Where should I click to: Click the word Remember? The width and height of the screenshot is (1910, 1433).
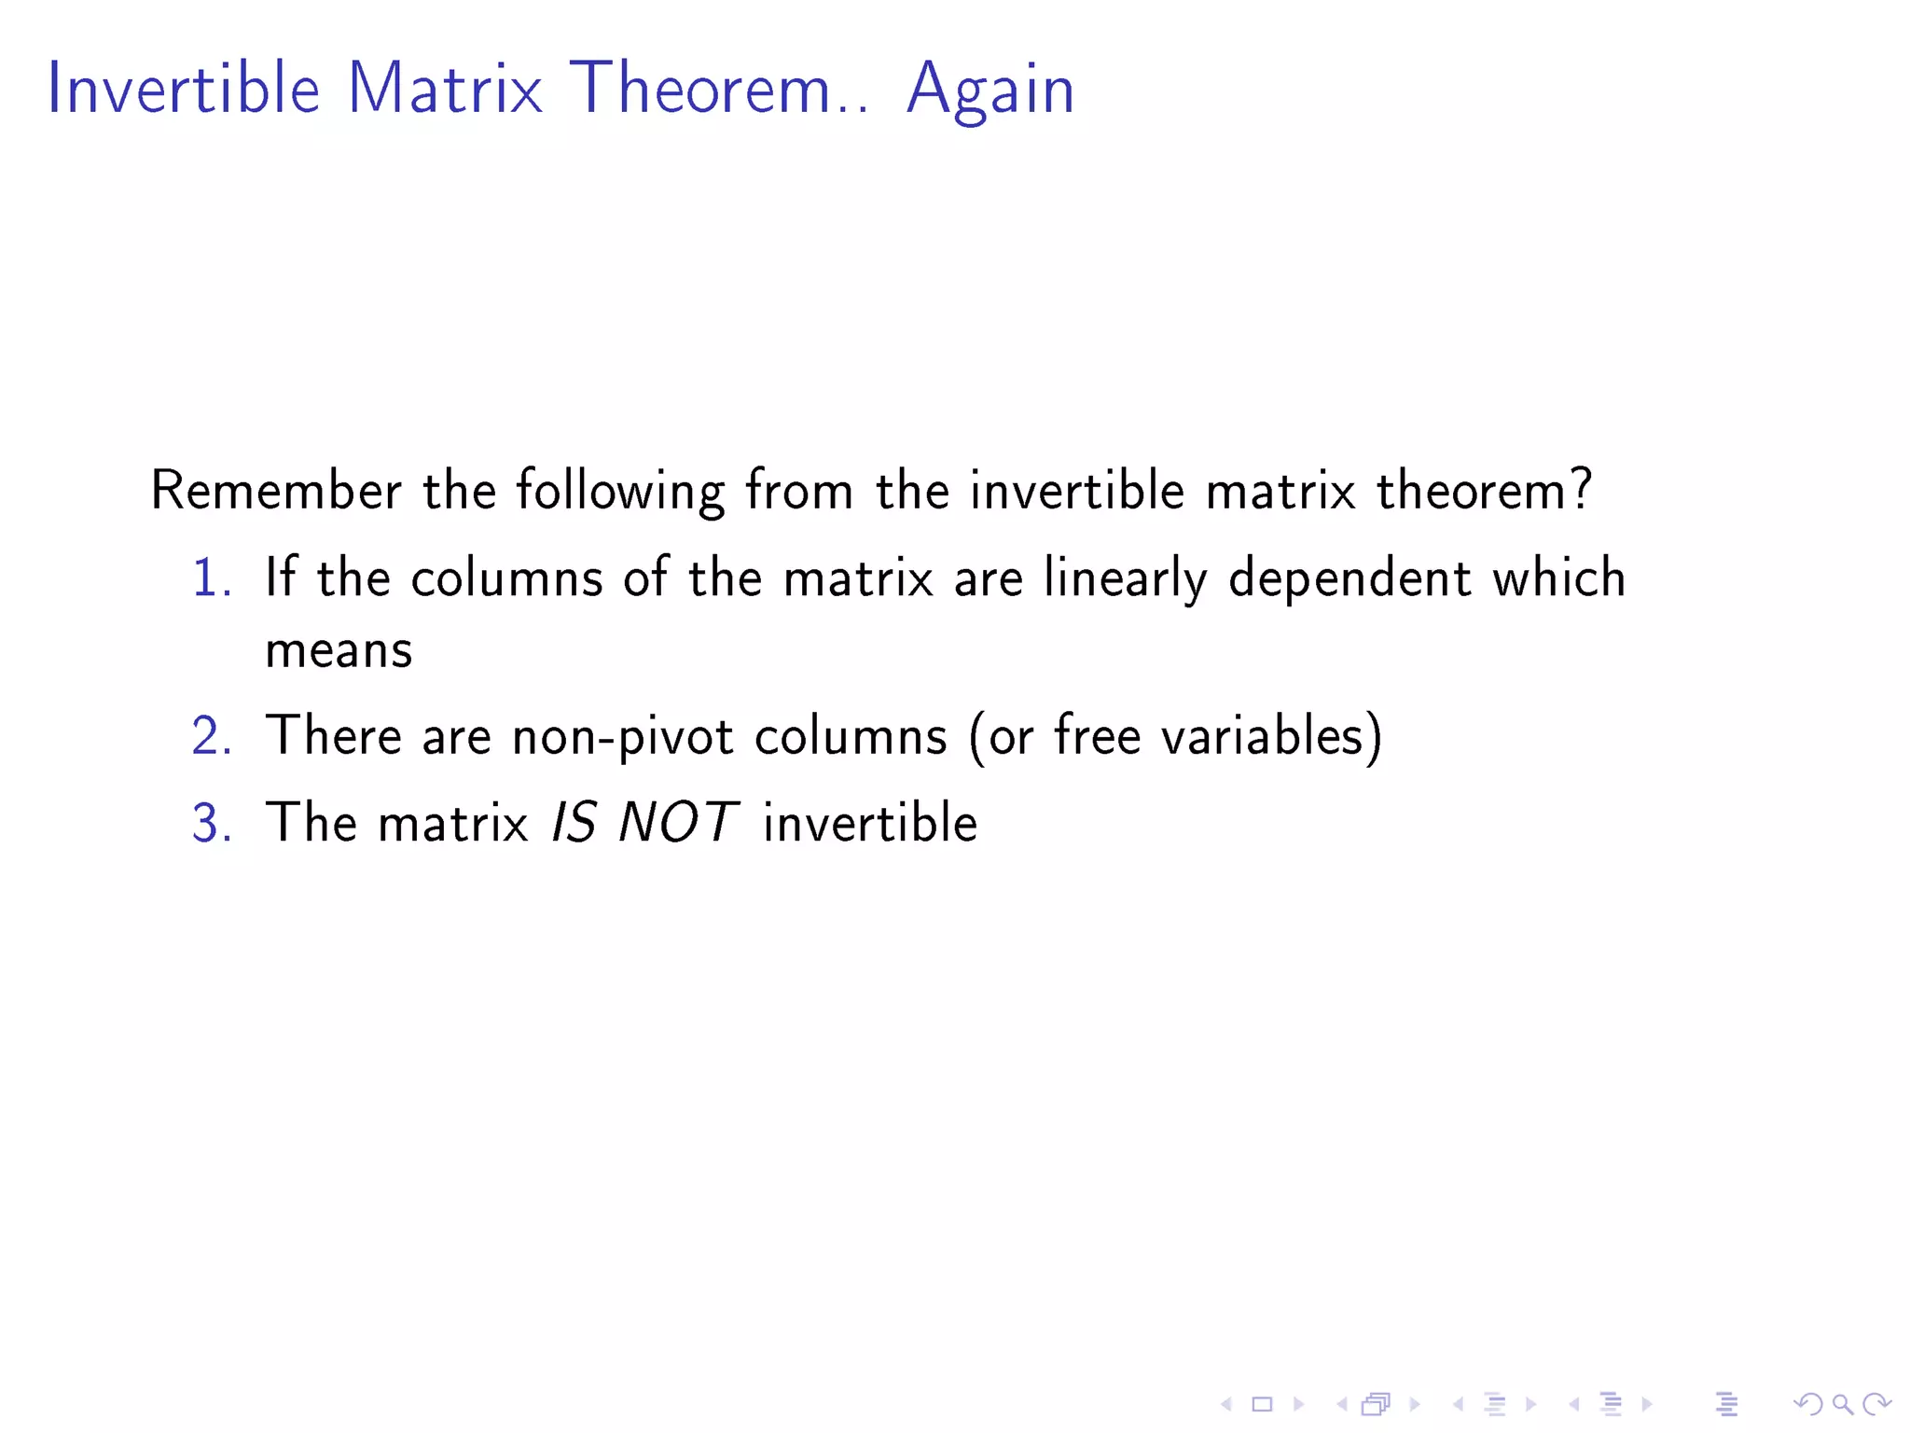pyautogui.click(x=276, y=490)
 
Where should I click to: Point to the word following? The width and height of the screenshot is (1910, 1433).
pyautogui.click(x=620, y=492)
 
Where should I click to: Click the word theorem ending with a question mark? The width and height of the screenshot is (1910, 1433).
pyautogui.click(x=1483, y=490)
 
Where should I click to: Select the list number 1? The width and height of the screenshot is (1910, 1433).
pyautogui.click(x=210, y=577)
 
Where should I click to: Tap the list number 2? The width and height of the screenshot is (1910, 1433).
pyautogui.click(x=211, y=736)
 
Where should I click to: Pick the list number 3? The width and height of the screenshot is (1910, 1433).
pyautogui.click(x=211, y=823)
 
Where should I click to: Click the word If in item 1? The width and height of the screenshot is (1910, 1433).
pyautogui.click(x=281, y=577)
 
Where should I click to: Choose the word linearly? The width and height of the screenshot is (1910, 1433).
pyautogui.click(x=1125, y=578)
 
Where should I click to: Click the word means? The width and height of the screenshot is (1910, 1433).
pyautogui.click(x=339, y=650)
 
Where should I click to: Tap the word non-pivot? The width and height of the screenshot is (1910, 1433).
pyautogui.click(x=623, y=736)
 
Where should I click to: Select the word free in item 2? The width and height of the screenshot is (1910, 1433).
pyautogui.click(x=1098, y=734)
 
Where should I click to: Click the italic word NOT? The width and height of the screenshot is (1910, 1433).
pyautogui.click(x=678, y=823)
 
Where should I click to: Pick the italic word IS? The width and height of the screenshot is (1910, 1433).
pyautogui.click(x=574, y=823)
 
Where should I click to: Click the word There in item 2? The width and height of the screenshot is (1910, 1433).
pyautogui.click(x=333, y=735)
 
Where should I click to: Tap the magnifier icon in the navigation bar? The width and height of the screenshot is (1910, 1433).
pyautogui.click(x=1841, y=1403)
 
